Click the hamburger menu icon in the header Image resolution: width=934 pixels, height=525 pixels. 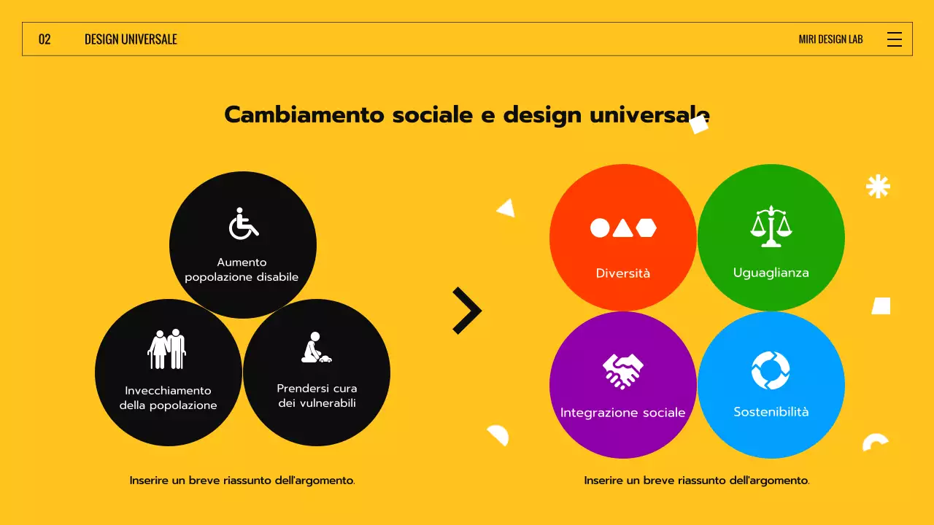[894, 39]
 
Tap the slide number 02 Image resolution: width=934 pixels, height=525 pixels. [45, 39]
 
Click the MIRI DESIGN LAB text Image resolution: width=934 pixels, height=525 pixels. [830, 39]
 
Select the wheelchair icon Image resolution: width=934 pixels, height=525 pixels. [244, 224]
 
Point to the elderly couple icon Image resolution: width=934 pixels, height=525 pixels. [167, 349]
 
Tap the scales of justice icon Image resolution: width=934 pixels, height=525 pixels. [771, 226]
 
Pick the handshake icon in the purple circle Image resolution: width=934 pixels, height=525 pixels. [622, 370]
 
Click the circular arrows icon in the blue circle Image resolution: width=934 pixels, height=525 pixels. [771, 370]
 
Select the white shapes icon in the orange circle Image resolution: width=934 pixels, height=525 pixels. [623, 228]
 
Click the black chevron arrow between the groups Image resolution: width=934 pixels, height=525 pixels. [468, 311]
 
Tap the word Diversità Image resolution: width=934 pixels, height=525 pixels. [622, 273]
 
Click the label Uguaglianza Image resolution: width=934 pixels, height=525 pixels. [771, 273]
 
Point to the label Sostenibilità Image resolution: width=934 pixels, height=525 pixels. [771, 412]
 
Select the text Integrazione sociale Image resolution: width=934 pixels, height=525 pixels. [622, 413]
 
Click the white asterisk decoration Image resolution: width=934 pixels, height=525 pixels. [878, 187]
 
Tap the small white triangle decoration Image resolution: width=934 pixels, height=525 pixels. [506, 209]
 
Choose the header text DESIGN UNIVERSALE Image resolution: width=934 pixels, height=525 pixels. [131, 39]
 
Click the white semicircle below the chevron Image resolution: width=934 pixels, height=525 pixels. [499, 435]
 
